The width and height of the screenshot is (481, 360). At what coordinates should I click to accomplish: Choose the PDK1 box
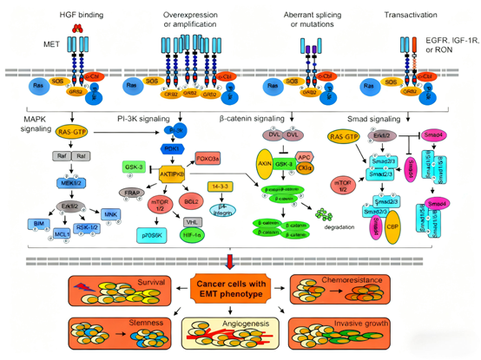point(171,148)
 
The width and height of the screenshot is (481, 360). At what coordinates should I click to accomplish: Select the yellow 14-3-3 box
point(221,186)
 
